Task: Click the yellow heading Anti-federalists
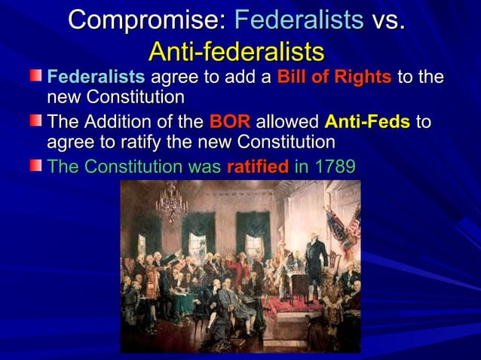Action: coord(237,51)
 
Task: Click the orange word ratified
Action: coord(258,166)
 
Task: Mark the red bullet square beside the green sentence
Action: coord(36,165)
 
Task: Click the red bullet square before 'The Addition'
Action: coord(36,121)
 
